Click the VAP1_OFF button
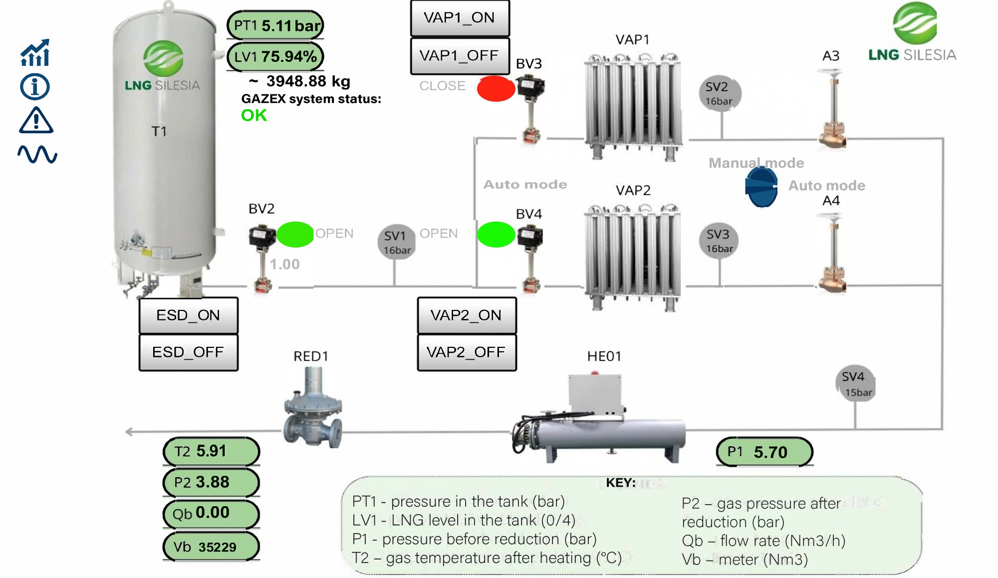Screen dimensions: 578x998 (x=460, y=55)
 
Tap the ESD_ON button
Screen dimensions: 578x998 (x=188, y=315)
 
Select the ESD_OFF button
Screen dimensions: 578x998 (x=188, y=352)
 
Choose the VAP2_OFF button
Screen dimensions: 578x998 (x=466, y=352)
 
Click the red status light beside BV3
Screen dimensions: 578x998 (x=496, y=89)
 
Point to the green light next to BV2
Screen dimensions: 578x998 (x=295, y=235)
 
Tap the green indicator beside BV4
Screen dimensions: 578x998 (x=496, y=235)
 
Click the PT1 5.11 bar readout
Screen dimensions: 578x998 (x=275, y=25)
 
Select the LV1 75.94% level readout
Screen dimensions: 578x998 (x=275, y=56)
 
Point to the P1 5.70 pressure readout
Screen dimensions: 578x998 (x=764, y=452)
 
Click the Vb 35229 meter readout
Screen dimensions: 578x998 (x=211, y=547)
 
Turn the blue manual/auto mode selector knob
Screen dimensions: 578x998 (x=761, y=187)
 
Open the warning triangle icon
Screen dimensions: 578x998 (x=35, y=121)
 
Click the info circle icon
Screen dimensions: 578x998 (x=35, y=87)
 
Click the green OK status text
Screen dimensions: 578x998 (x=254, y=115)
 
